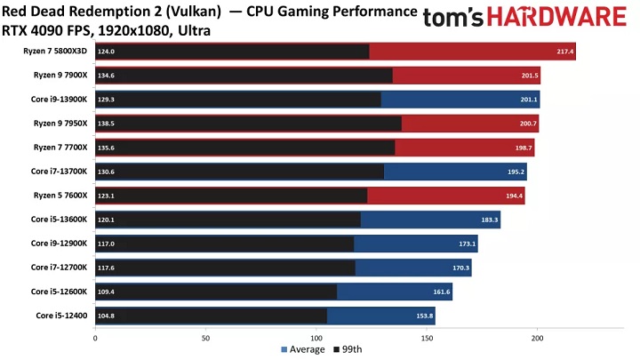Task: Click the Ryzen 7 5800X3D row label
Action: [56, 52]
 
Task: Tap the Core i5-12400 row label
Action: [61, 315]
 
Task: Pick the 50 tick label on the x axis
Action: [205, 338]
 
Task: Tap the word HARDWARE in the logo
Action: [556, 18]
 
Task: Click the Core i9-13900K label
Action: [59, 100]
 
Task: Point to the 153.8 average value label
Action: [425, 315]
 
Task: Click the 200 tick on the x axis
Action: [536, 338]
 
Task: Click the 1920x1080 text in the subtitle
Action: [126, 29]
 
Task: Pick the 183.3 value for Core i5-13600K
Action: [491, 220]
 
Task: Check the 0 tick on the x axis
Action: [95, 338]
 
